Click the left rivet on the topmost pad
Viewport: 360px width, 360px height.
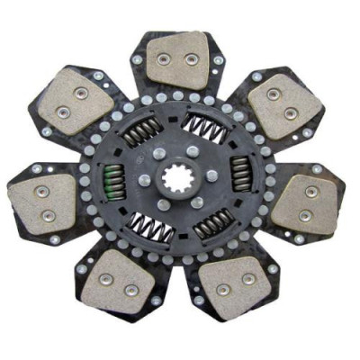[163, 58]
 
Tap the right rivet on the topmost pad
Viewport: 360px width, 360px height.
[190, 58]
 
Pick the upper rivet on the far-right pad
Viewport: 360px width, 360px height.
[311, 192]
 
